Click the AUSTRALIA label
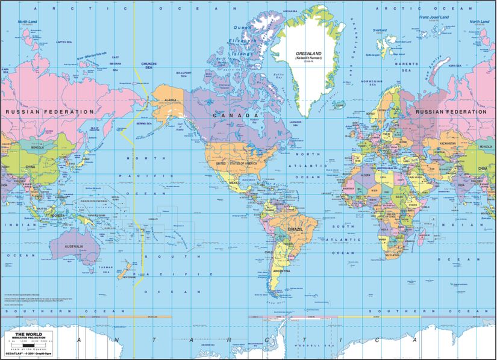pos(73,247)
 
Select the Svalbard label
pos(380,29)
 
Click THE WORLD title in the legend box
pos(28,334)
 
